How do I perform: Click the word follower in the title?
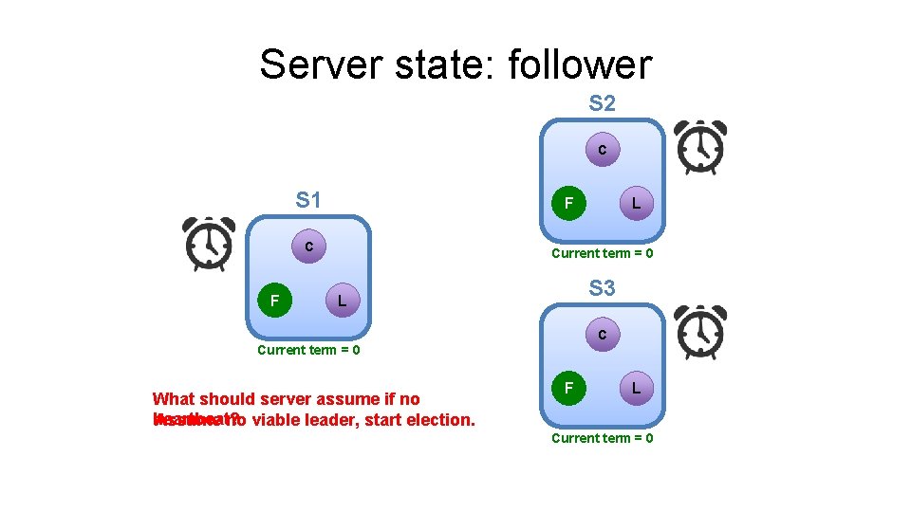click(580, 64)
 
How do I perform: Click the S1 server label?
click(308, 200)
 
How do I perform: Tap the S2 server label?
click(602, 103)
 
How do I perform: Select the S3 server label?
click(602, 287)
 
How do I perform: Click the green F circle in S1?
click(274, 301)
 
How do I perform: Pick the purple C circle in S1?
click(309, 247)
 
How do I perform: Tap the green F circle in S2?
click(567, 203)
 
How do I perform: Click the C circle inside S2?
click(602, 150)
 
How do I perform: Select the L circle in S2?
click(635, 203)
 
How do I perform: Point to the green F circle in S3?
click(567, 388)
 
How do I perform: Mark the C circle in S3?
click(602, 334)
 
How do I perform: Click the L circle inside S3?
click(635, 388)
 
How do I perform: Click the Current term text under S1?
click(308, 350)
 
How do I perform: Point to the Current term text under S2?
click(602, 253)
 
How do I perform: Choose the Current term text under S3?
click(602, 438)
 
